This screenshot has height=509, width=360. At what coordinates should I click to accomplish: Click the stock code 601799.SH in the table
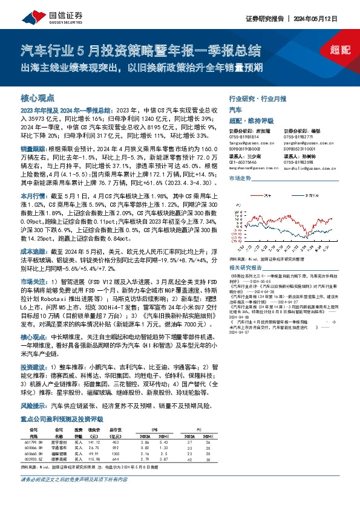(x=33, y=442)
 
